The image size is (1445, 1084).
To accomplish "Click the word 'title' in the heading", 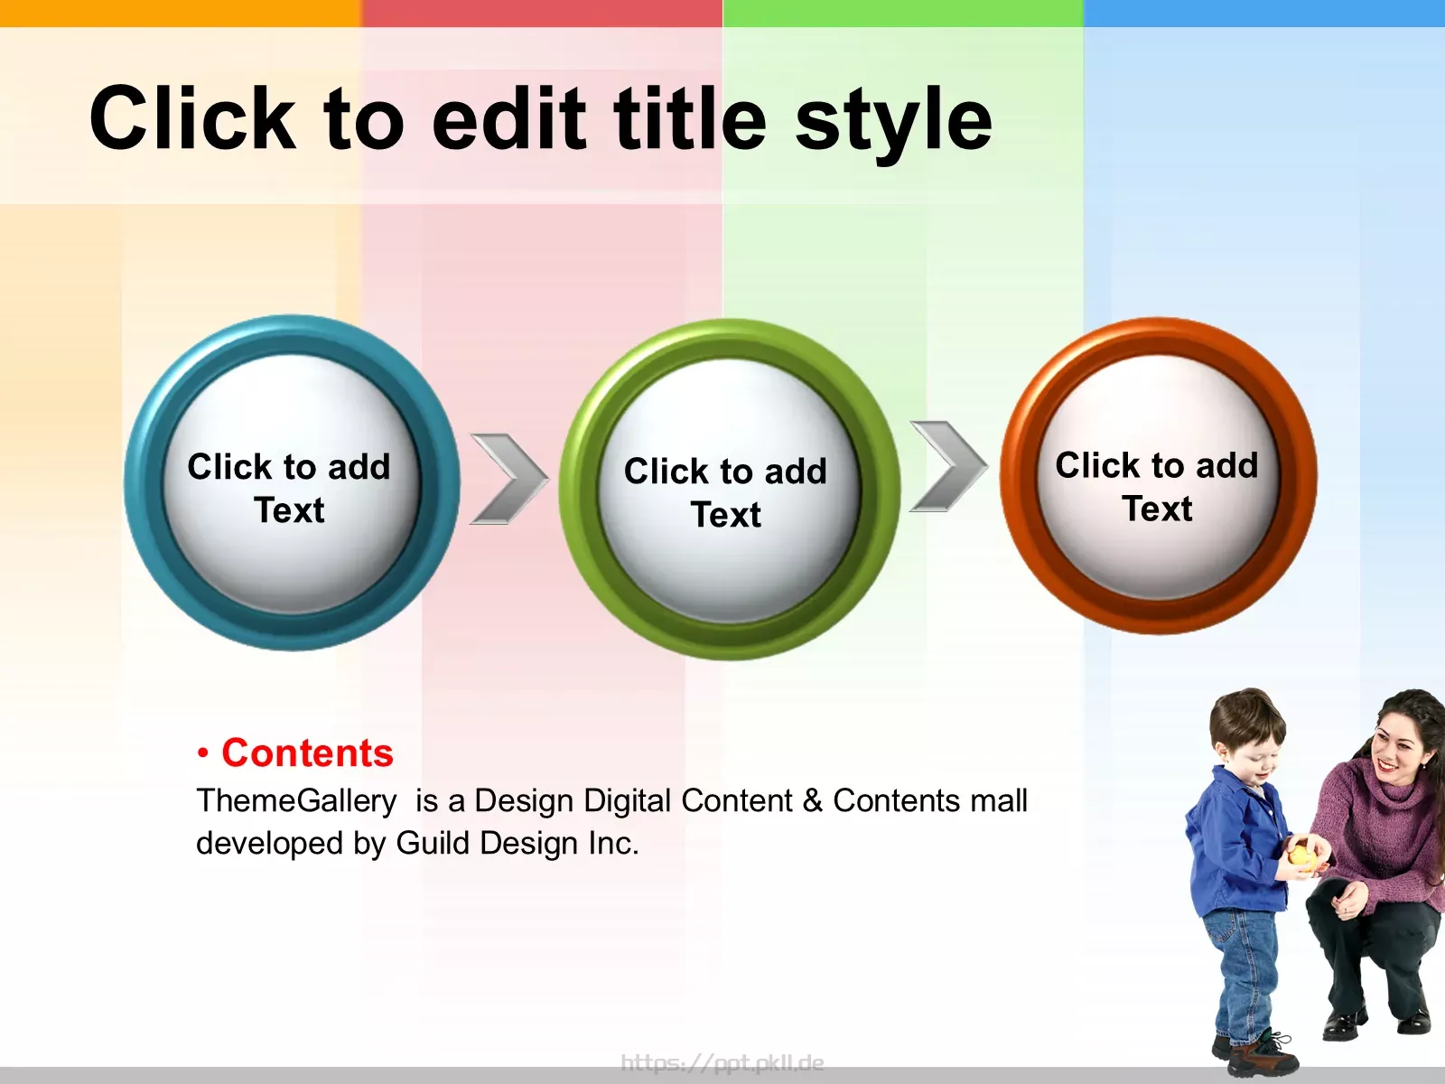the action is pyautogui.click(x=690, y=118).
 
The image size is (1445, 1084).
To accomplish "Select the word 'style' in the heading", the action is pyautogui.click(x=893, y=125).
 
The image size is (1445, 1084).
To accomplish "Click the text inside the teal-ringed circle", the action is pyautogui.click(x=289, y=488).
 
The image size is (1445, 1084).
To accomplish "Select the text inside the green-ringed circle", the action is pyautogui.click(x=725, y=492).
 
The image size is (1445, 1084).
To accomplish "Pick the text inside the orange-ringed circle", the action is pyautogui.click(x=1157, y=486).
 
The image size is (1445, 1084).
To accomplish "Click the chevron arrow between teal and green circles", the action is pyautogui.click(x=508, y=479).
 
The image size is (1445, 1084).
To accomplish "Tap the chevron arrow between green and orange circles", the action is pyautogui.click(x=948, y=466).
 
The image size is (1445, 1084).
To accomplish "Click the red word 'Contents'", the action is pyautogui.click(x=307, y=752).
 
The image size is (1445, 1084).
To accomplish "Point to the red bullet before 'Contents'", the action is pyautogui.click(x=203, y=754).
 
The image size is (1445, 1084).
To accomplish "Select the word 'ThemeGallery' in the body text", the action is pyautogui.click(x=297, y=801).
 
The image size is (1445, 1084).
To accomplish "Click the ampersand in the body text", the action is pyautogui.click(x=813, y=801).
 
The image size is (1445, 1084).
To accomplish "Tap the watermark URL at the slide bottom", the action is pyautogui.click(x=722, y=1062).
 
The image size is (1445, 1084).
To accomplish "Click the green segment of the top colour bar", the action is pyautogui.click(x=902, y=14).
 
